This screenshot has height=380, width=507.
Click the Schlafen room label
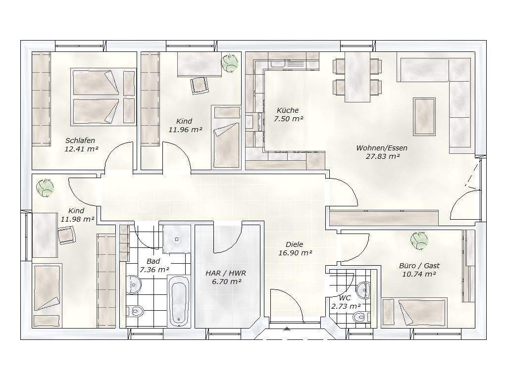[x=80, y=141]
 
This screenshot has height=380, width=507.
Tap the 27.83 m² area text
[x=382, y=156]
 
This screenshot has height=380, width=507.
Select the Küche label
[x=288, y=110]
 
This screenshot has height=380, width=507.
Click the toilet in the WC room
[x=360, y=317]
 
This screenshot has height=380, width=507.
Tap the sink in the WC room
[x=364, y=289]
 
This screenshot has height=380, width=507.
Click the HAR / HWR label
[x=226, y=273]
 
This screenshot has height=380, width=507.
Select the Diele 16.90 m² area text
[x=295, y=253]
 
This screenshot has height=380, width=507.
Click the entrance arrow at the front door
[x=287, y=329]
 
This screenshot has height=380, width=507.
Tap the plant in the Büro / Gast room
[x=419, y=241]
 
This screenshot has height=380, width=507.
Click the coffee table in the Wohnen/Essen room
[x=424, y=116]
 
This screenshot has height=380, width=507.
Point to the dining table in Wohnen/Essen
[x=357, y=77]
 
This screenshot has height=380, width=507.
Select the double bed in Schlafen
[x=103, y=96]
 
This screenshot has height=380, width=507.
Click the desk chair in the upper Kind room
[x=200, y=85]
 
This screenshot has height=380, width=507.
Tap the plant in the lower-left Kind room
[x=45, y=188]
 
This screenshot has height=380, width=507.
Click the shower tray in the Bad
[x=177, y=239]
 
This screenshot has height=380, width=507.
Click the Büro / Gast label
[x=419, y=266]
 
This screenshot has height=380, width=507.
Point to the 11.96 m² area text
[x=185, y=130]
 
